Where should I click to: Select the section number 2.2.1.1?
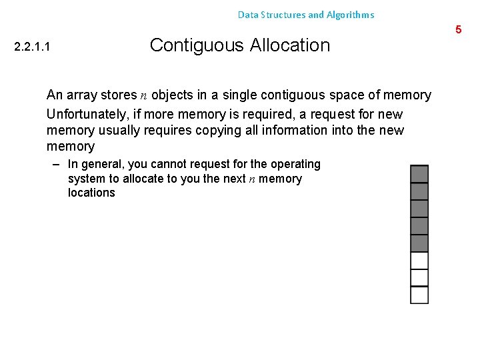tap(33, 47)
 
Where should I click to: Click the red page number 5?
tap(458, 29)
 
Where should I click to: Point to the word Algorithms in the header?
tap(351, 15)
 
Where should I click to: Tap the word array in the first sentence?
tap(81, 95)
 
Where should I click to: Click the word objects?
tap(174, 95)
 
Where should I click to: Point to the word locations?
tap(91, 193)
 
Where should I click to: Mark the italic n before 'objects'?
tap(144, 96)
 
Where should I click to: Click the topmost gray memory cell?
tap(419, 174)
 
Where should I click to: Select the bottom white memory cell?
tap(419, 295)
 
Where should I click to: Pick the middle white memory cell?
tap(419, 277)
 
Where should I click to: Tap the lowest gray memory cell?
tap(419, 243)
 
